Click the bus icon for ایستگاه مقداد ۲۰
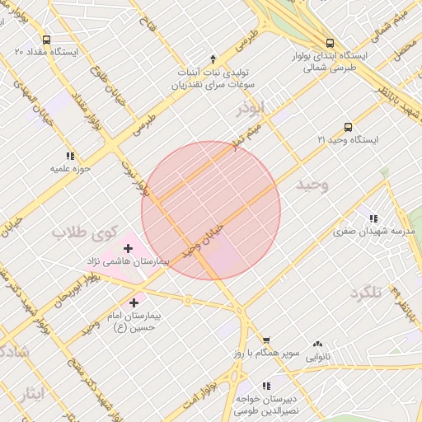[x=46, y=39]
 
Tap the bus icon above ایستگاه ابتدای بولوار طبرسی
[x=330, y=43]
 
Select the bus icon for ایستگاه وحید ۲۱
[x=348, y=128]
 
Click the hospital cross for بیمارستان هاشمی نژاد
[x=128, y=247]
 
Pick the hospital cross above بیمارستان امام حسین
[x=134, y=302]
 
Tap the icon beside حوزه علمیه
[x=70, y=155]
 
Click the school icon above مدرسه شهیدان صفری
[x=374, y=218]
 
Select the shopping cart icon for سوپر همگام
[x=266, y=340]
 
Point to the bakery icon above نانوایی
[x=317, y=345]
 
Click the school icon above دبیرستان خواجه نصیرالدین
[x=266, y=385]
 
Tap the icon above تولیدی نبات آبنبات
[x=213, y=59]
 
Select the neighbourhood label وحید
[x=311, y=185]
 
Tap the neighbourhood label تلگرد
[x=368, y=293]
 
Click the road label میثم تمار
[x=261, y=133]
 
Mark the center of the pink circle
[x=211, y=211]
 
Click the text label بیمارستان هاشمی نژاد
[x=128, y=261]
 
